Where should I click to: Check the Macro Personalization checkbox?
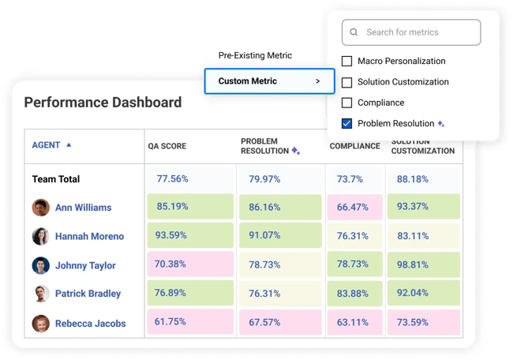pos(346,61)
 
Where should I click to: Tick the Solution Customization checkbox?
pos(346,82)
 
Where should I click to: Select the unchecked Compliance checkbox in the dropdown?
pos(346,103)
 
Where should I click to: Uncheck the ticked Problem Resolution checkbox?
pos(346,123)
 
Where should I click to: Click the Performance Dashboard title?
pos(103,103)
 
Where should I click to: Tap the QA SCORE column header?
pos(168,146)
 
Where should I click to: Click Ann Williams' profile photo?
pos(41,208)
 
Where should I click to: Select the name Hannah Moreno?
pos(89,236)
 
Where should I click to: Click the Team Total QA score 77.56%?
pos(172,179)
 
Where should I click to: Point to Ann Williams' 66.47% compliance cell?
pos(354,207)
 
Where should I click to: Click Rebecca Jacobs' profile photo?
pos(41,323)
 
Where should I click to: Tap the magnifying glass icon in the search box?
pos(354,32)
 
